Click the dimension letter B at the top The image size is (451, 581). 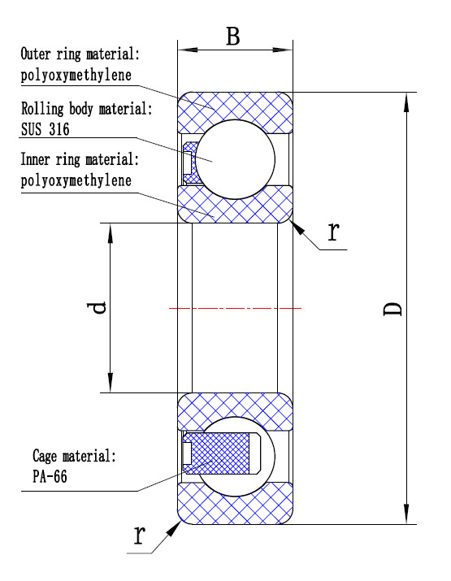(233, 37)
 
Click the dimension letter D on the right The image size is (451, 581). (392, 309)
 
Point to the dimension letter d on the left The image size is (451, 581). (97, 307)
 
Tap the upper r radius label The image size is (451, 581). (333, 232)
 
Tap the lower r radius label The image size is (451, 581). (139, 535)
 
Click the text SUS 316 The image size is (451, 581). (46, 129)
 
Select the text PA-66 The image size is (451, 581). (50, 476)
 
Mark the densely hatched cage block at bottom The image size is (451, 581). (217, 453)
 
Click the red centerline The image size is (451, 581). (235, 308)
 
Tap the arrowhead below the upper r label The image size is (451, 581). (297, 228)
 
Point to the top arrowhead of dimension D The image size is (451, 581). (406, 102)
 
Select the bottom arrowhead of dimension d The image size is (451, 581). (110, 383)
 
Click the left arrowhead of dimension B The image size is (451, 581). (188, 50)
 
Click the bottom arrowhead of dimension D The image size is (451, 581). (406, 514)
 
